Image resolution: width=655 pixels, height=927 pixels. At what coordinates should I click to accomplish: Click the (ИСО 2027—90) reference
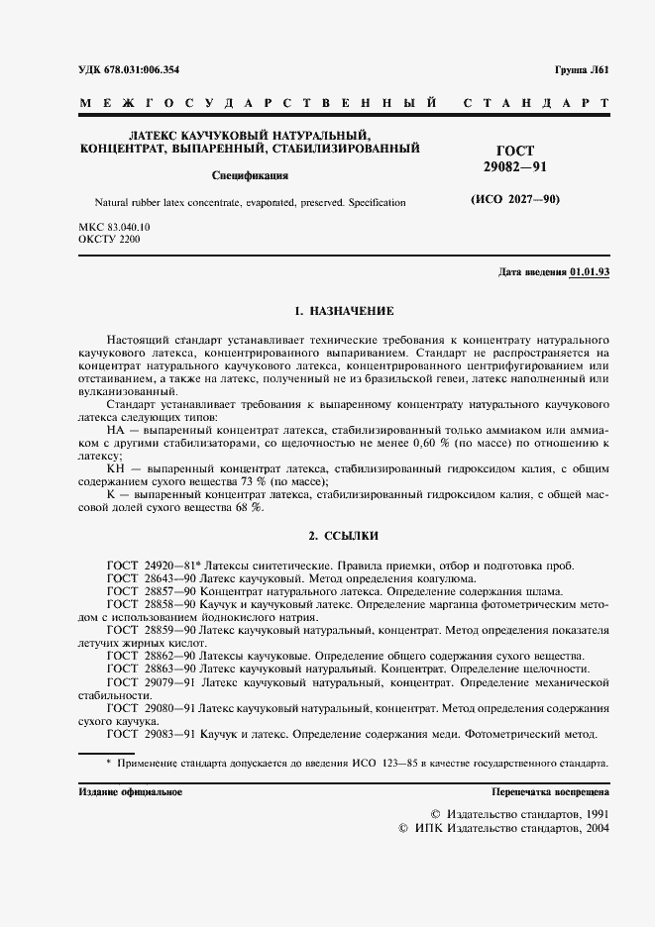click(x=514, y=199)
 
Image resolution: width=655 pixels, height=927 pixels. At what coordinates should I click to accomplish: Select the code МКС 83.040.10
click(x=114, y=228)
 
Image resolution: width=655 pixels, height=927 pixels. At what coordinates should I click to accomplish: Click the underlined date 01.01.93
click(x=590, y=272)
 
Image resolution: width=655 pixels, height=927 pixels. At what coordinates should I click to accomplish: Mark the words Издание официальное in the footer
click(x=129, y=793)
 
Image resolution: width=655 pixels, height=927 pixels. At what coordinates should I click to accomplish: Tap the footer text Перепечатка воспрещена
click(x=550, y=793)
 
